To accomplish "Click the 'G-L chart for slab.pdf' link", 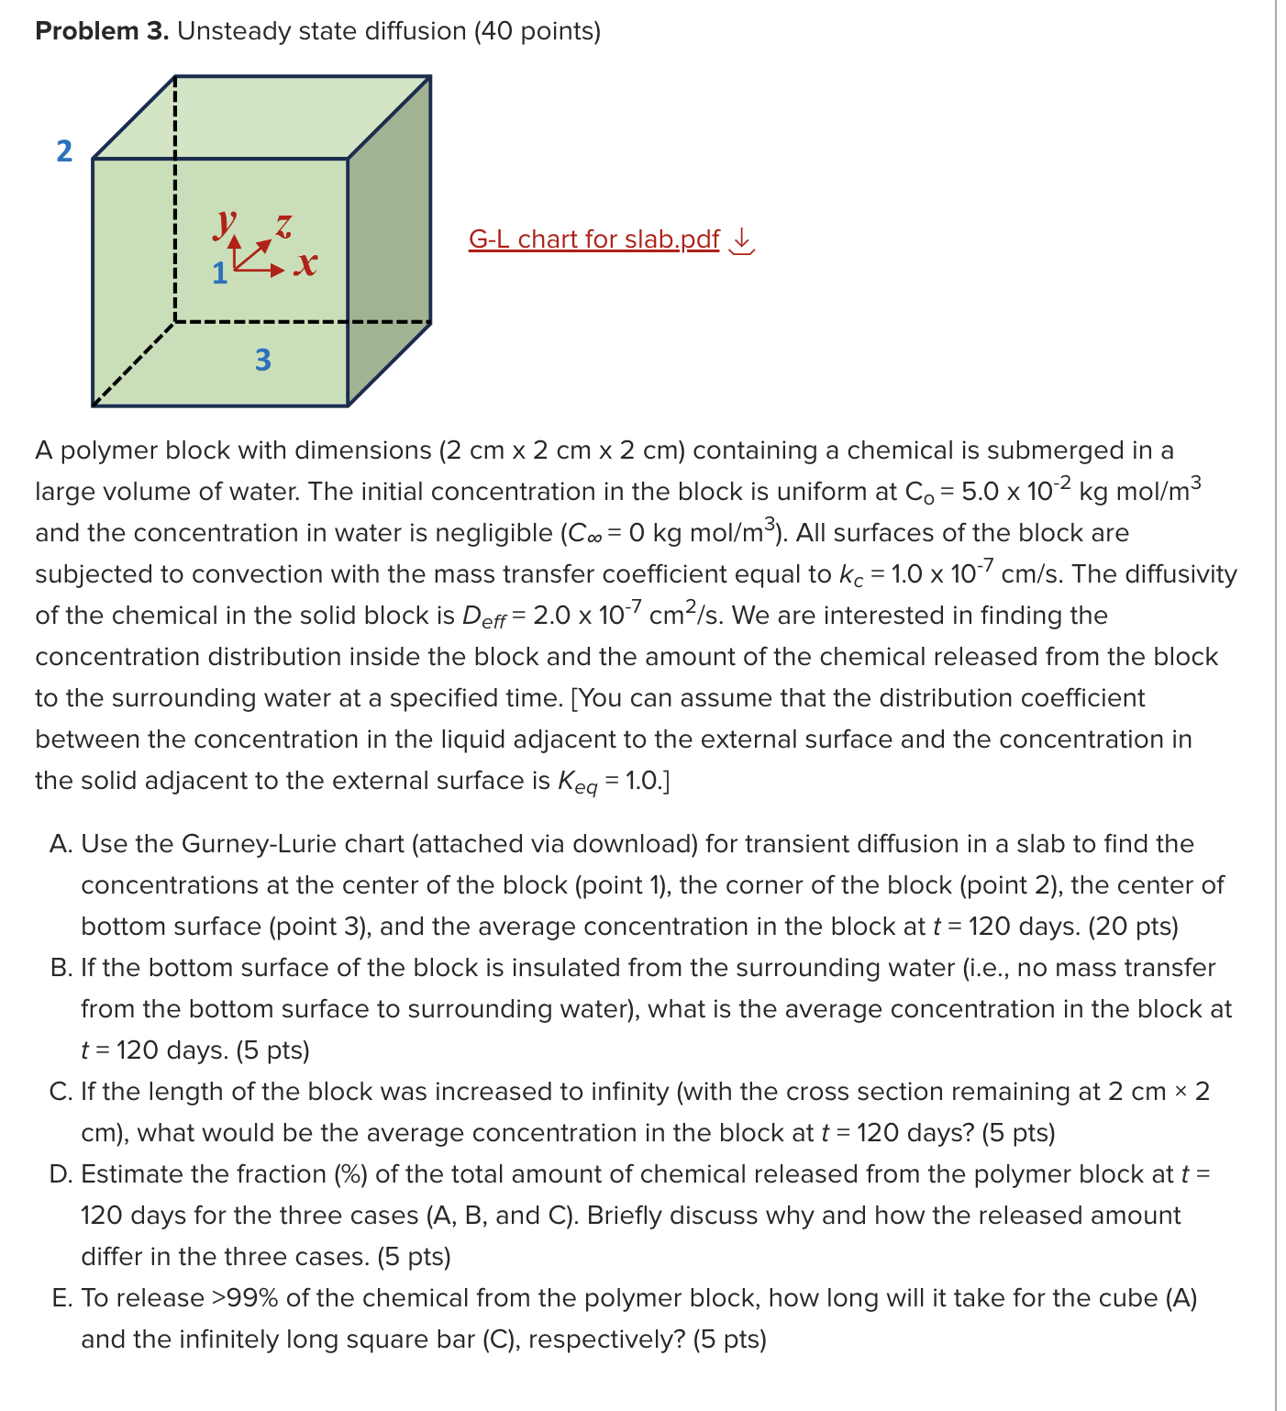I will (593, 239).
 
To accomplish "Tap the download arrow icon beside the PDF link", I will (741, 240).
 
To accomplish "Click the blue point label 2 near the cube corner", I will (64, 150).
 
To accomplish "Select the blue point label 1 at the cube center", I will (219, 273).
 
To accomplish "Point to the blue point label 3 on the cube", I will (263, 360).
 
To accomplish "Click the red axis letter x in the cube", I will (306, 264).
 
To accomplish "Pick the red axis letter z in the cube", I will (284, 225).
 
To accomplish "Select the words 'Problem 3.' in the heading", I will (102, 31).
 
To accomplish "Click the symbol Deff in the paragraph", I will (483, 617).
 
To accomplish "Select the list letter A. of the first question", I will (61, 844).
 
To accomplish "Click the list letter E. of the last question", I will (62, 1298).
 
